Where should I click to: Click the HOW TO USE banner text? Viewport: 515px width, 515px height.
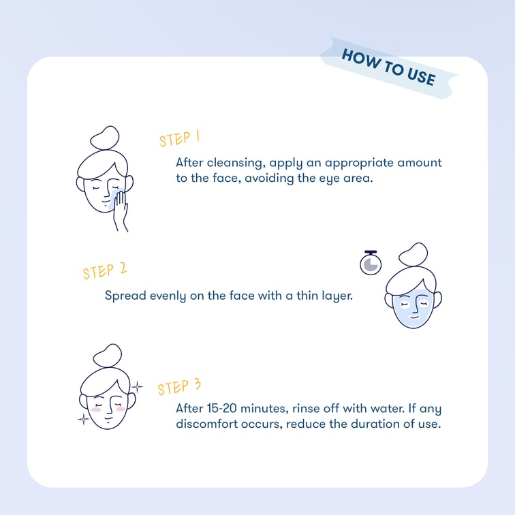click(389, 67)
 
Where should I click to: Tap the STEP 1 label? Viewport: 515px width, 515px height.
click(180, 138)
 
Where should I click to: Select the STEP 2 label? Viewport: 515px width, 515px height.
click(104, 271)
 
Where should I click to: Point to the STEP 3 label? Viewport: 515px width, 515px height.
click(179, 386)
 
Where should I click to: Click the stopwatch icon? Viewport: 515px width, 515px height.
click(371, 263)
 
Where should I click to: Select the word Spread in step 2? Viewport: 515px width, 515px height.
click(125, 296)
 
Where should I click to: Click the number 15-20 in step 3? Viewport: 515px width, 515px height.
click(221, 408)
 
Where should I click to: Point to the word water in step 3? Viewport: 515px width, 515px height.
click(388, 408)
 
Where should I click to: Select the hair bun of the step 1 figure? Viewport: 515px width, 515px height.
click(104, 138)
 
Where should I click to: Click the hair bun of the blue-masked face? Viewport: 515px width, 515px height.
click(413, 254)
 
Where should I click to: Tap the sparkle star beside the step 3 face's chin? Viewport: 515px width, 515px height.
click(83, 419)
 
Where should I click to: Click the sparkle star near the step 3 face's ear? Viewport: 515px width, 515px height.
click(137, 386)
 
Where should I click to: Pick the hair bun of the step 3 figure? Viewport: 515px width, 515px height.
click(108, 356)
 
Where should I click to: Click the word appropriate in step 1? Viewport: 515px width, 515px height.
click(359, 163)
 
